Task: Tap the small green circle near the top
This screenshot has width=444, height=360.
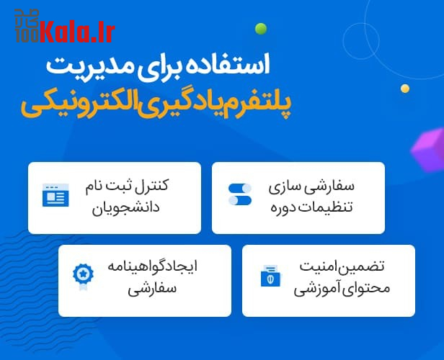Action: click(261, 30)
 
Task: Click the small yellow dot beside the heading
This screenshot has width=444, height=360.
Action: click(405, 89)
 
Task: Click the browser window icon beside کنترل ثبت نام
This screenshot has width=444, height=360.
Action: click(55, 195)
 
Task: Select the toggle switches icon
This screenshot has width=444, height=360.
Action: click(240, 194)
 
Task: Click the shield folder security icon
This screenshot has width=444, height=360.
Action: click(270, 276)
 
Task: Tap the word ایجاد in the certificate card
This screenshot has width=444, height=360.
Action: click(180, 266)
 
